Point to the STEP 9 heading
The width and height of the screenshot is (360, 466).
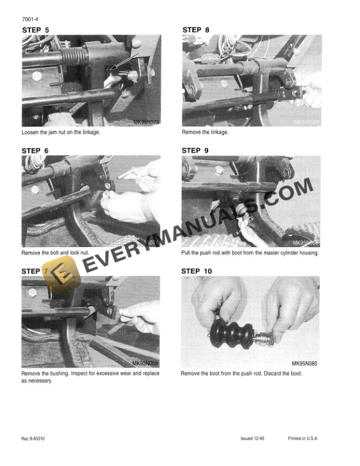(199, 151)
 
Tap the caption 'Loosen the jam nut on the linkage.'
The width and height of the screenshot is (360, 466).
(61, 132)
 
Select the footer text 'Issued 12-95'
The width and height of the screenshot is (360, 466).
(254, 439)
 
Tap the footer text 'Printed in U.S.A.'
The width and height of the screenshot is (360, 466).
(305, 439)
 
